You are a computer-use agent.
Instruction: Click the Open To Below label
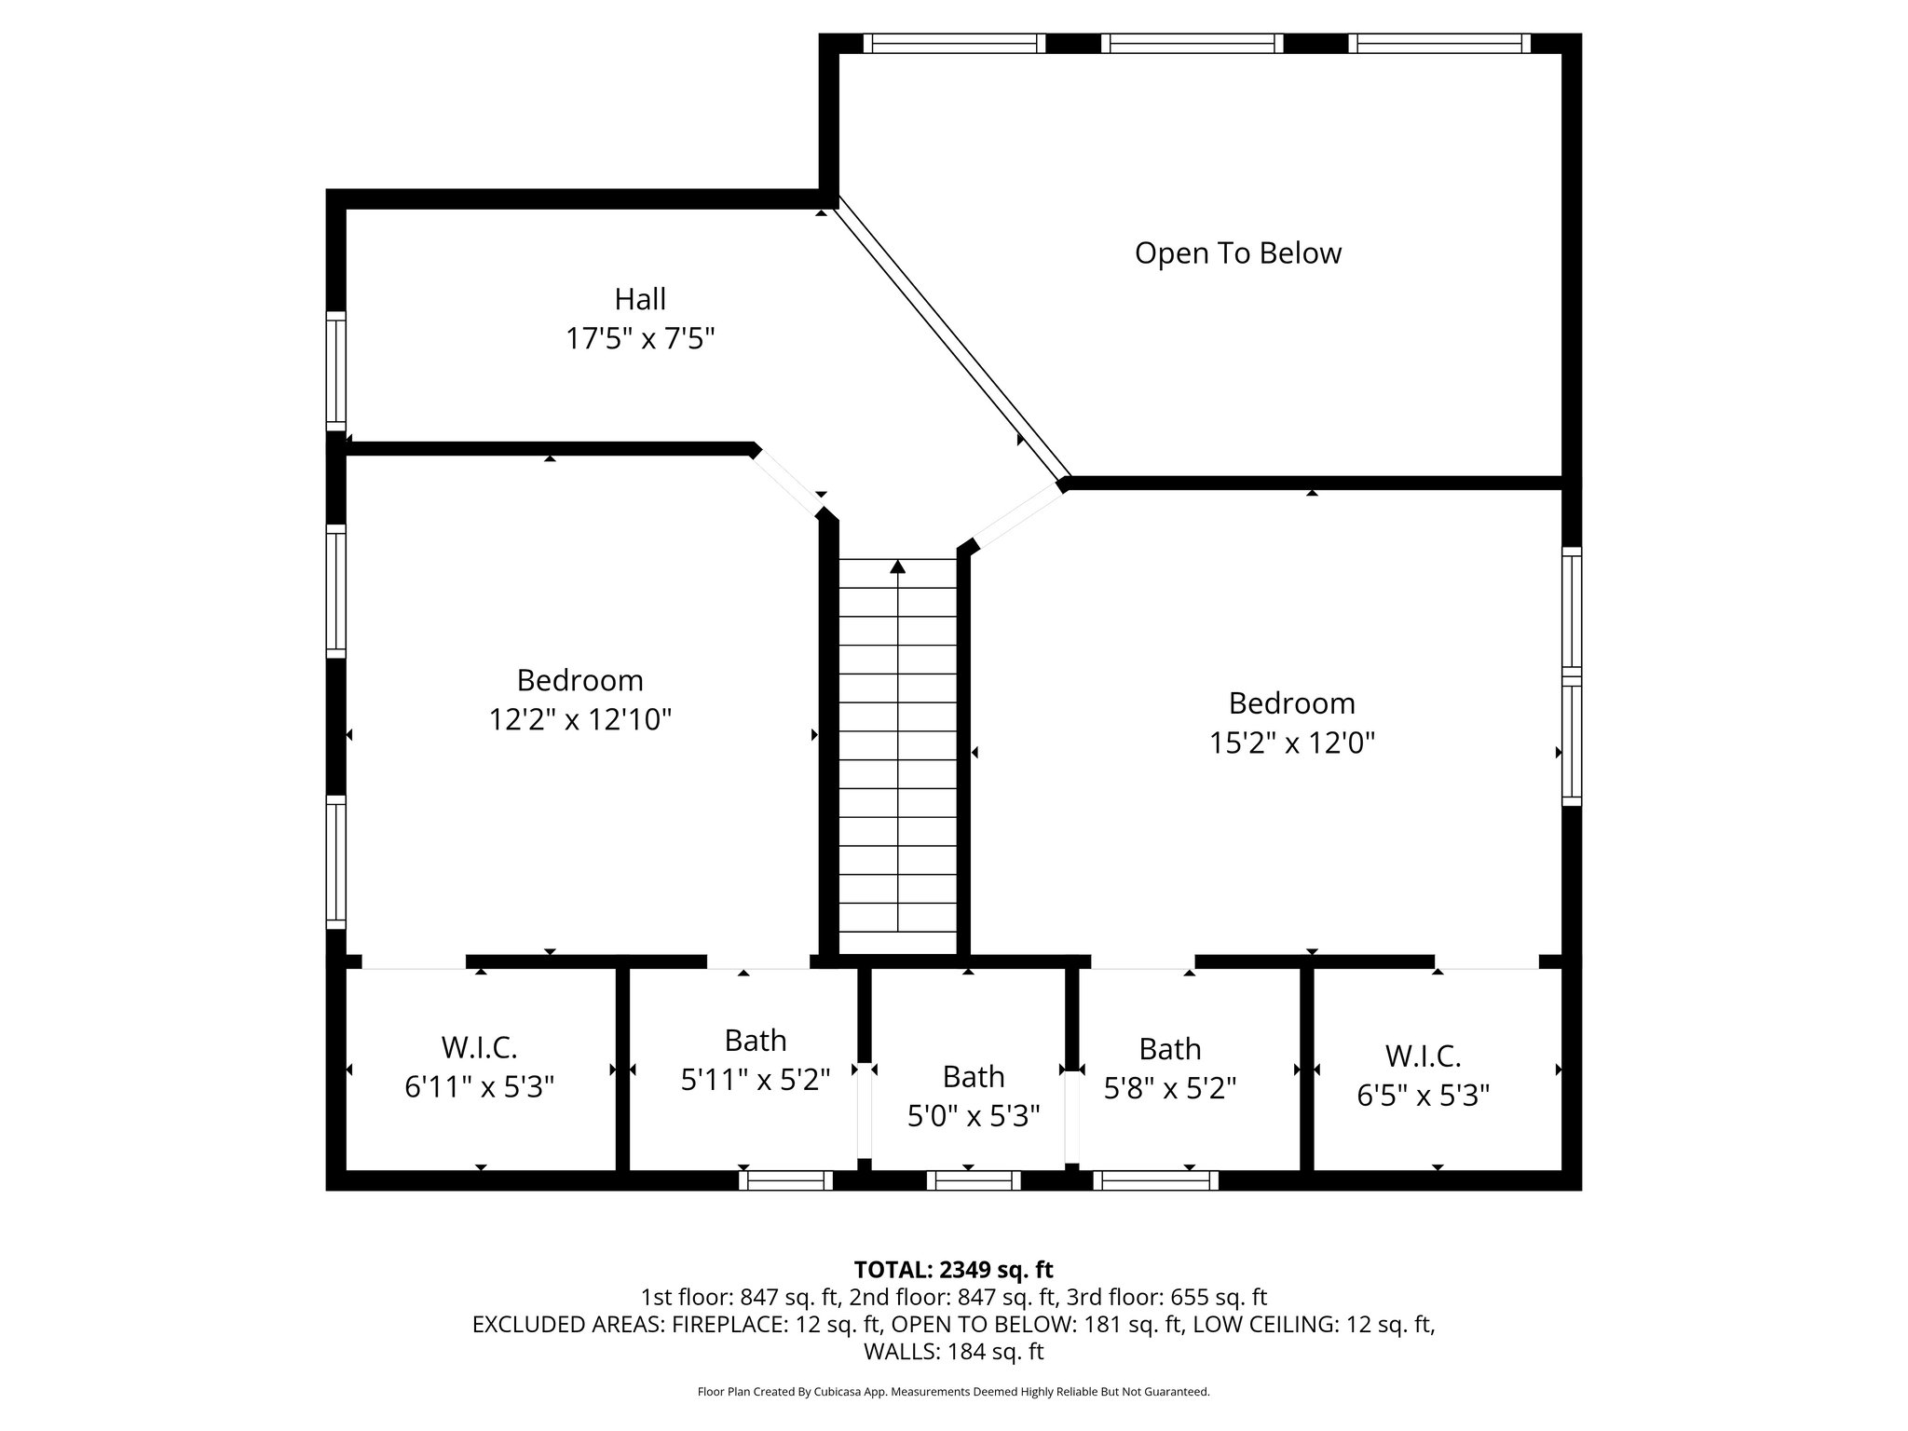(x=1237, y=253)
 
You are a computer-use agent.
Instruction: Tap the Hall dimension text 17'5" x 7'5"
(x=640, y=338)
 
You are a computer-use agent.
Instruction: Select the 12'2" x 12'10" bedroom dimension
(x=580, y=719)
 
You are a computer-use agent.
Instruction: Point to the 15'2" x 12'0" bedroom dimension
(x=1291, y=743)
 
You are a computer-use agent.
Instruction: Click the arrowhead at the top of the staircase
(x=897, y=566)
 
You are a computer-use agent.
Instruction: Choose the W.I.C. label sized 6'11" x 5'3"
(x=479, y=1047)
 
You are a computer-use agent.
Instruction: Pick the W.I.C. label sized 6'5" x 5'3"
(x=1423, y=1056)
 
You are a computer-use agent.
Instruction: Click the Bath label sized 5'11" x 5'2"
(x=756, y=1040)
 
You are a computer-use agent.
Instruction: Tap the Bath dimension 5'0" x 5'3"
(x=973, y=1115)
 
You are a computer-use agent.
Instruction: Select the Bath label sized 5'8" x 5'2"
(x=1169, y=1049)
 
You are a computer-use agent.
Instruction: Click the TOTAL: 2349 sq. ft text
(x=953, y=1269)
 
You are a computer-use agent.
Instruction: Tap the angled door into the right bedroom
(x=1017, y=518)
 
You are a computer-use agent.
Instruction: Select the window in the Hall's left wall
(x=335, y=371)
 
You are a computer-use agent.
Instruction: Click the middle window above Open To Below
(x=1192, y=43)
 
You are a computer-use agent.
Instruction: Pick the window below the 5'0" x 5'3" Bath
(x=973, y=1180)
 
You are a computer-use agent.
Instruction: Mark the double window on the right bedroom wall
(x=1571, y=676)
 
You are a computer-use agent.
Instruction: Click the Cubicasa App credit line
(x=953, y=1392)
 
